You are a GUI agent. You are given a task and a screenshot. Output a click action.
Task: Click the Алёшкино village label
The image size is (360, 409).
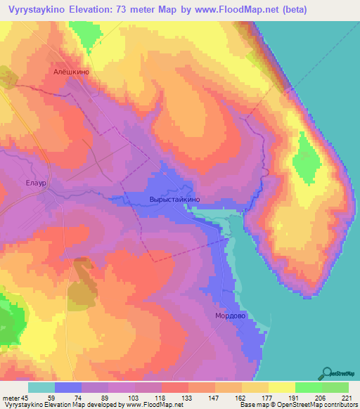coord(73,71)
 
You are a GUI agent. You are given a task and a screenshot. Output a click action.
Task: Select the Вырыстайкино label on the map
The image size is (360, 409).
coord(175,200)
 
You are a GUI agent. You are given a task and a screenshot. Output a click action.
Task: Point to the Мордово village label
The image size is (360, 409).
coord(229,316)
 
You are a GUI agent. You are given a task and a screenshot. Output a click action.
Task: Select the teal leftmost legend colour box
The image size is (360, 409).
coord(41,387)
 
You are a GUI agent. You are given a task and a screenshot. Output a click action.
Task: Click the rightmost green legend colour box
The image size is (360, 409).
coord(335,387)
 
